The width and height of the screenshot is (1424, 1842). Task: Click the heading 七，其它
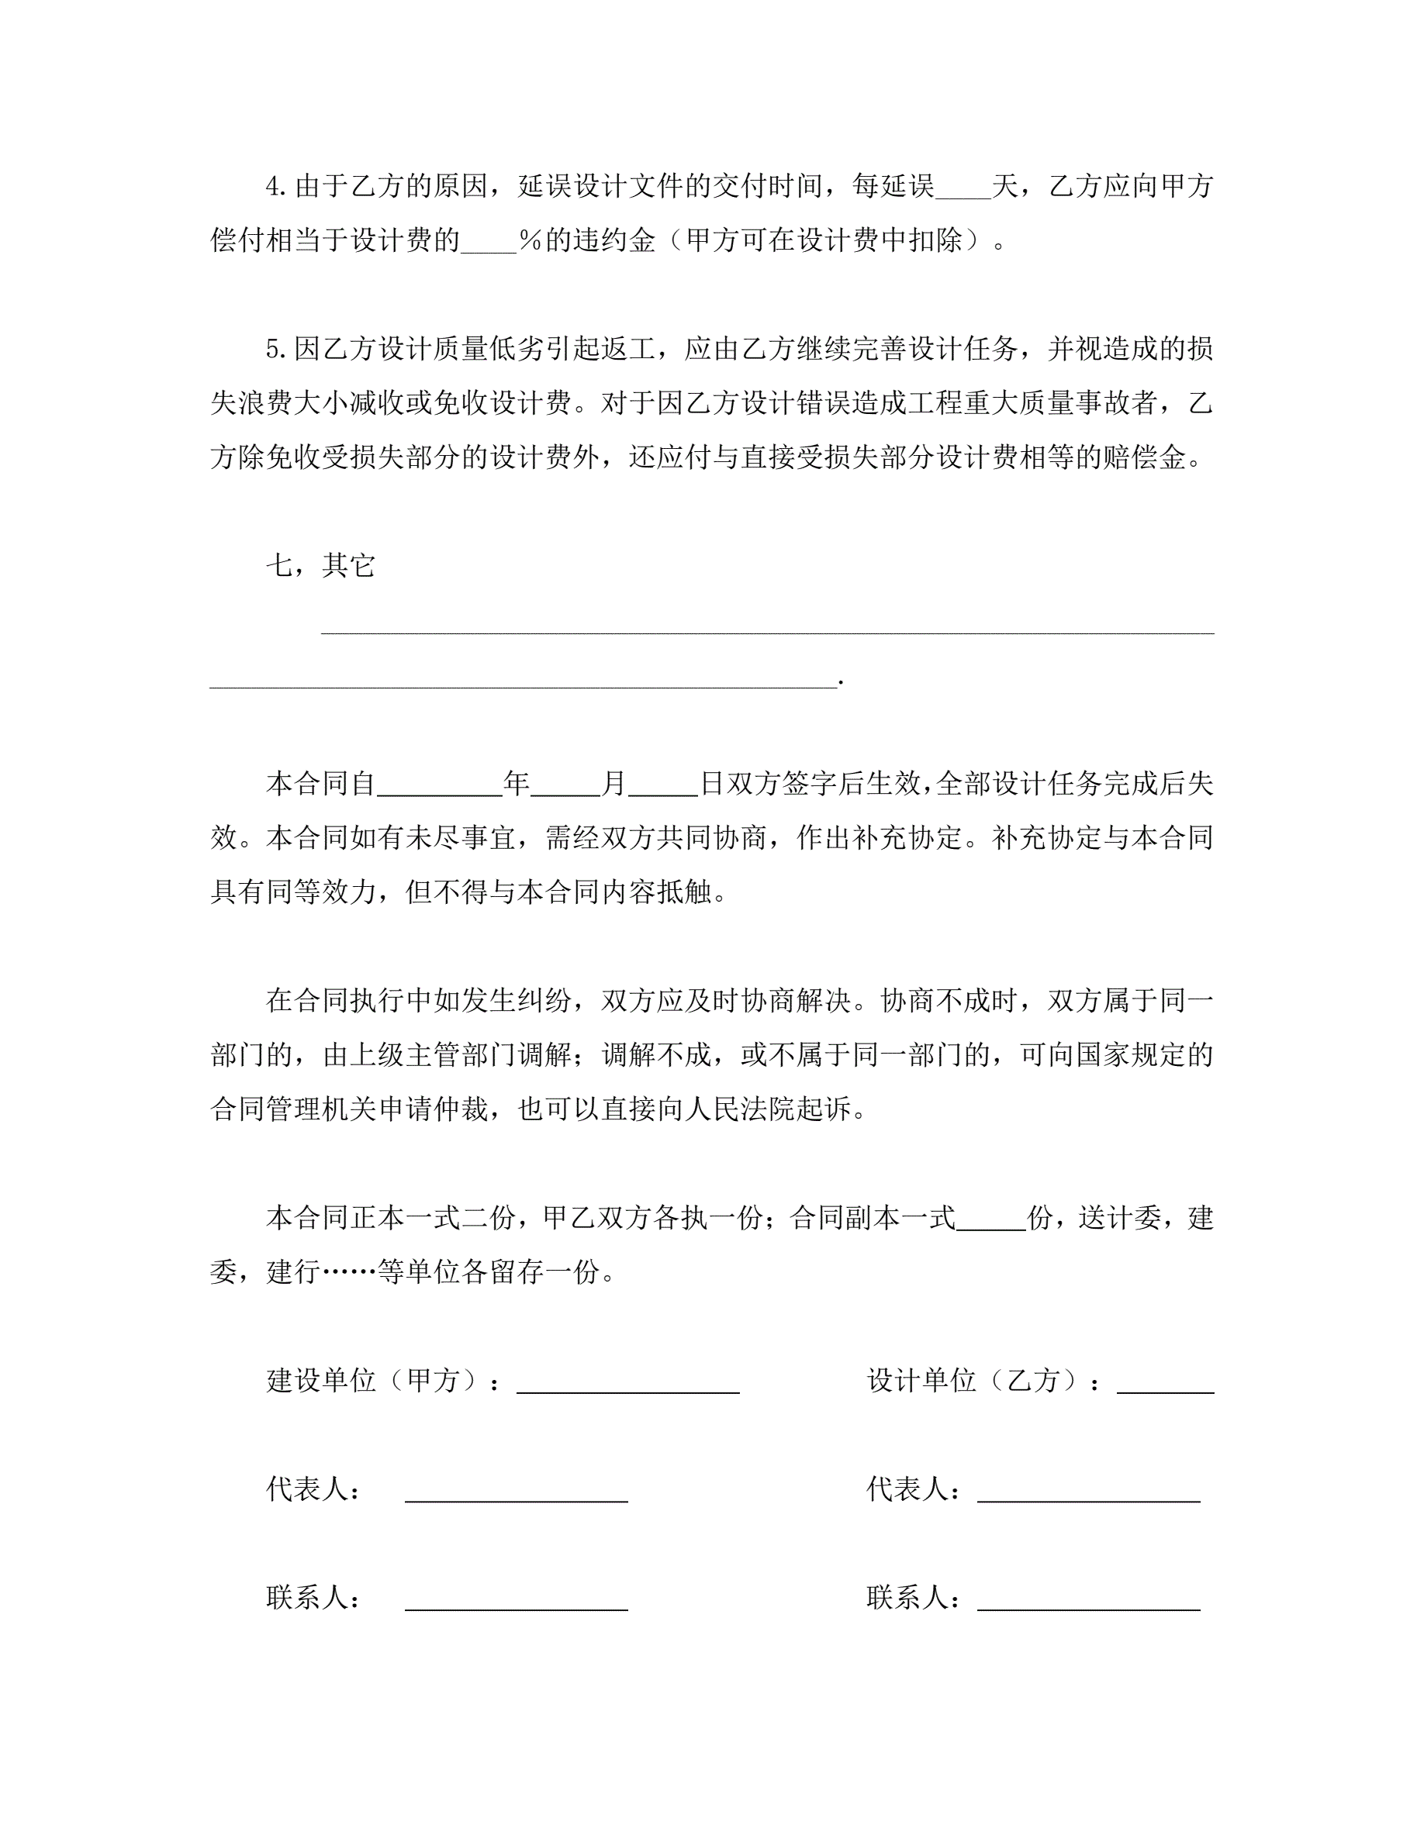[x=320, y=565]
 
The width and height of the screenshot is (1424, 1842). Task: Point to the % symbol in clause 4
[x=530, y=241]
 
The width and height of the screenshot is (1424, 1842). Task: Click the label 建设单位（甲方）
[x=375, y=1381]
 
